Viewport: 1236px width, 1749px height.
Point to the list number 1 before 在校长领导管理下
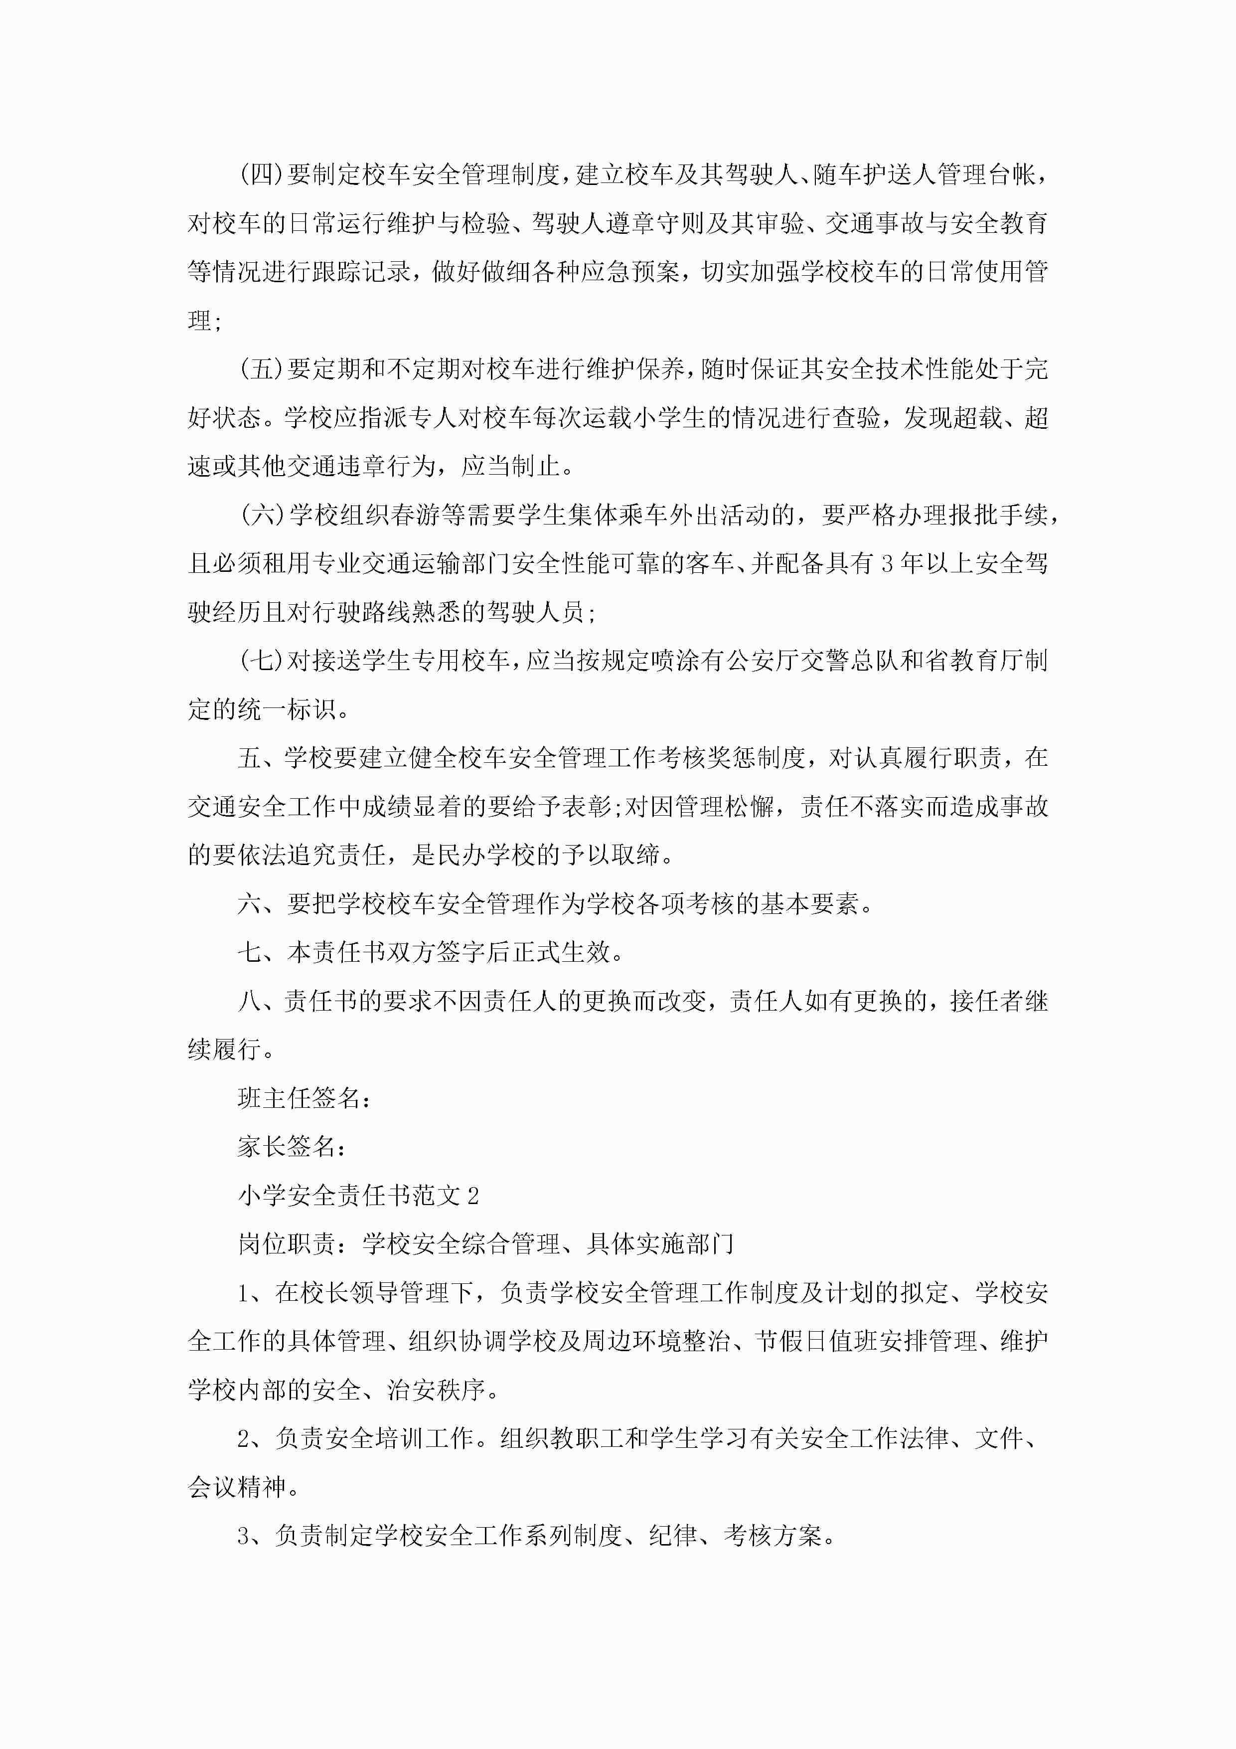coord(244,1293)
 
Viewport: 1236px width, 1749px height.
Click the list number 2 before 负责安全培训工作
coord(244,1439)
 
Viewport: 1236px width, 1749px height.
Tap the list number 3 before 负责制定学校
coord(244,1536)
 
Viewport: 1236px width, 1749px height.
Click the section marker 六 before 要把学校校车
coord(250,904)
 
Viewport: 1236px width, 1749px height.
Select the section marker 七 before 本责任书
coord(250,953)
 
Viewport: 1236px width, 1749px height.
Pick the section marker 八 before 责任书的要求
coord(250,1002)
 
